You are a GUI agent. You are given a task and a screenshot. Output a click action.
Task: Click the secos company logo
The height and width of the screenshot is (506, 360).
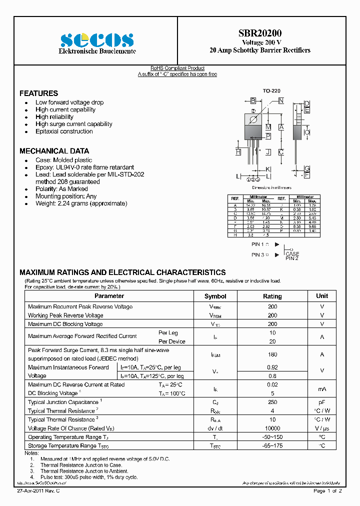(97, 39)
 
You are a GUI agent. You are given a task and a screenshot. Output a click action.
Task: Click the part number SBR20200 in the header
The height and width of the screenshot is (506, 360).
(259, 33)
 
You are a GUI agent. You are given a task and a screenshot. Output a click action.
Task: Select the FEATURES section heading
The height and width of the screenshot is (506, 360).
(38, 93)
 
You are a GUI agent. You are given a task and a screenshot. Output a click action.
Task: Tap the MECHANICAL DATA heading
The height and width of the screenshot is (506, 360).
(54, 151)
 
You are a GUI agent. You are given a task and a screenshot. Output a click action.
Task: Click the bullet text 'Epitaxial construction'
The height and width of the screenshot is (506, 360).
(64, 131)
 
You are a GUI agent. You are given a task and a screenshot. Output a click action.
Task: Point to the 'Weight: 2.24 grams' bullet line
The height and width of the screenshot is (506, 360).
(81, 203)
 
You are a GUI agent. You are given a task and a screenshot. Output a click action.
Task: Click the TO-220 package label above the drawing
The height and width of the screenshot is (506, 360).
(271, 90)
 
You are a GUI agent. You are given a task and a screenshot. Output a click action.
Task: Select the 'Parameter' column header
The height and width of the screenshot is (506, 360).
(109, 296)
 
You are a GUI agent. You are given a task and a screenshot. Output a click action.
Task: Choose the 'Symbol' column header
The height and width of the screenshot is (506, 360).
(215, 296)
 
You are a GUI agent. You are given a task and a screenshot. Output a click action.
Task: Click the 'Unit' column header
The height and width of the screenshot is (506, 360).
(322, 296)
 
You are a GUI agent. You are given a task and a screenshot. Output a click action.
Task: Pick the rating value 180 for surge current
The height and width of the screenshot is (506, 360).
(272, 354)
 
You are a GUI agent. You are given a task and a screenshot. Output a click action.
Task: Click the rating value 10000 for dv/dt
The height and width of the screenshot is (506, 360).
(272, 428)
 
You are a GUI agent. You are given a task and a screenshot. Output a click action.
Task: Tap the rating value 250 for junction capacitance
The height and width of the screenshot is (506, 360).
(272, 402)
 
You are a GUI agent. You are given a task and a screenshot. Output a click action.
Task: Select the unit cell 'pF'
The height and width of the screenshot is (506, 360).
(322, 402)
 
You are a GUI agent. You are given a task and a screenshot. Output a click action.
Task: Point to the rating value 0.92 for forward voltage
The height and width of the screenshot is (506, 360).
(272, 367)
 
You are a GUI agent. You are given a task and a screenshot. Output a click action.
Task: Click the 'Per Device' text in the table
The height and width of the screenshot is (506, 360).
(171, 341)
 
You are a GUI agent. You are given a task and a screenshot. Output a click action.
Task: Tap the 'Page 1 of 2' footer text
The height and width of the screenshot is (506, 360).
(327, 491)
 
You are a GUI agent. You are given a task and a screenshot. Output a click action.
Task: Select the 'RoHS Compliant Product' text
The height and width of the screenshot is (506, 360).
(177, 68)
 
